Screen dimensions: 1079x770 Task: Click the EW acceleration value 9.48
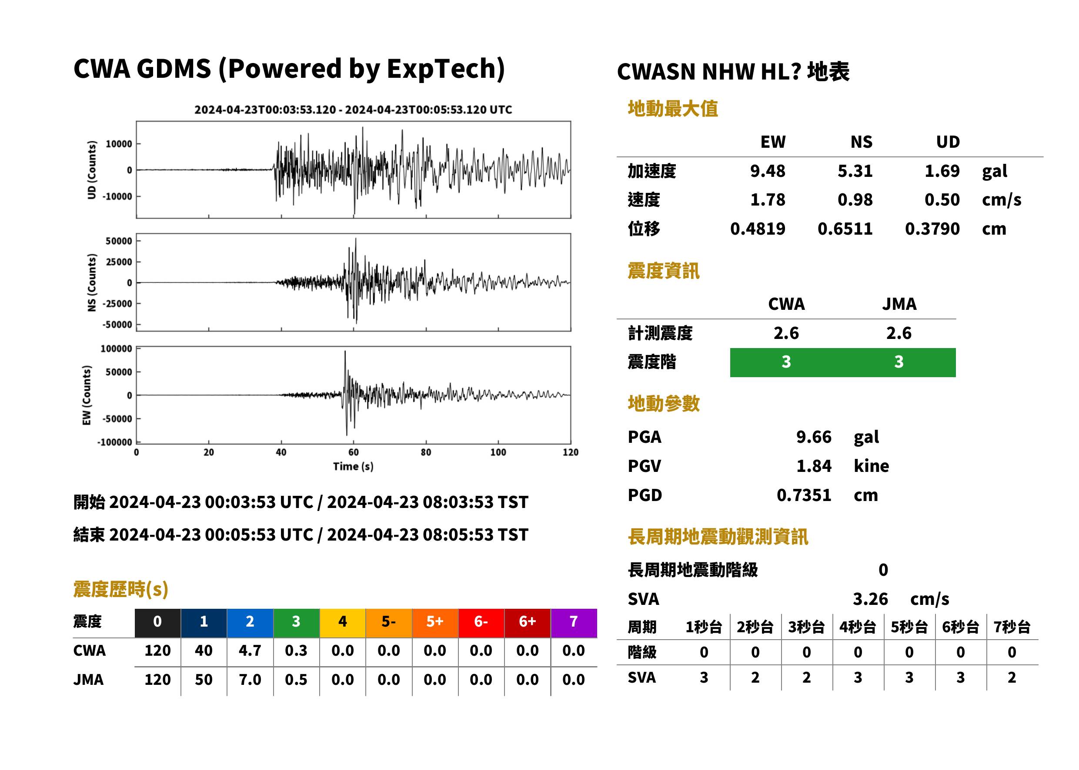[x=767, y=171]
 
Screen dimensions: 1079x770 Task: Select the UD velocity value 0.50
[x=942, y=199]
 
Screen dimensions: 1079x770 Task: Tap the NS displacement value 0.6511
[x=845, y=229]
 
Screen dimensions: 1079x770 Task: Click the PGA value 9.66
[x=814, y=437]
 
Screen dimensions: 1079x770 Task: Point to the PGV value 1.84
[x=814, y=465]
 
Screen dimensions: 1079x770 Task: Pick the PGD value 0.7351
[x=804, y=495]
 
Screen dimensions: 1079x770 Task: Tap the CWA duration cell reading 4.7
[x=250, y=651]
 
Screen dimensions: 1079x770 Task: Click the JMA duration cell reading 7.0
[x=250, y=680]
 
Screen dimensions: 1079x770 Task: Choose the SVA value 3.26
[x=870, y=599]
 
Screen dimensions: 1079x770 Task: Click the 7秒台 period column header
[x=1012, y=627]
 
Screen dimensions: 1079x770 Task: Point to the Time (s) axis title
[x=353, y=467]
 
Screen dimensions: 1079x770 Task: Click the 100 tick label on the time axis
[x=498, y=452]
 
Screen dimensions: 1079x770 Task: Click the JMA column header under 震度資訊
[x=899, y=304]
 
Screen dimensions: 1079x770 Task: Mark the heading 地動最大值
[x=673, y=109]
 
